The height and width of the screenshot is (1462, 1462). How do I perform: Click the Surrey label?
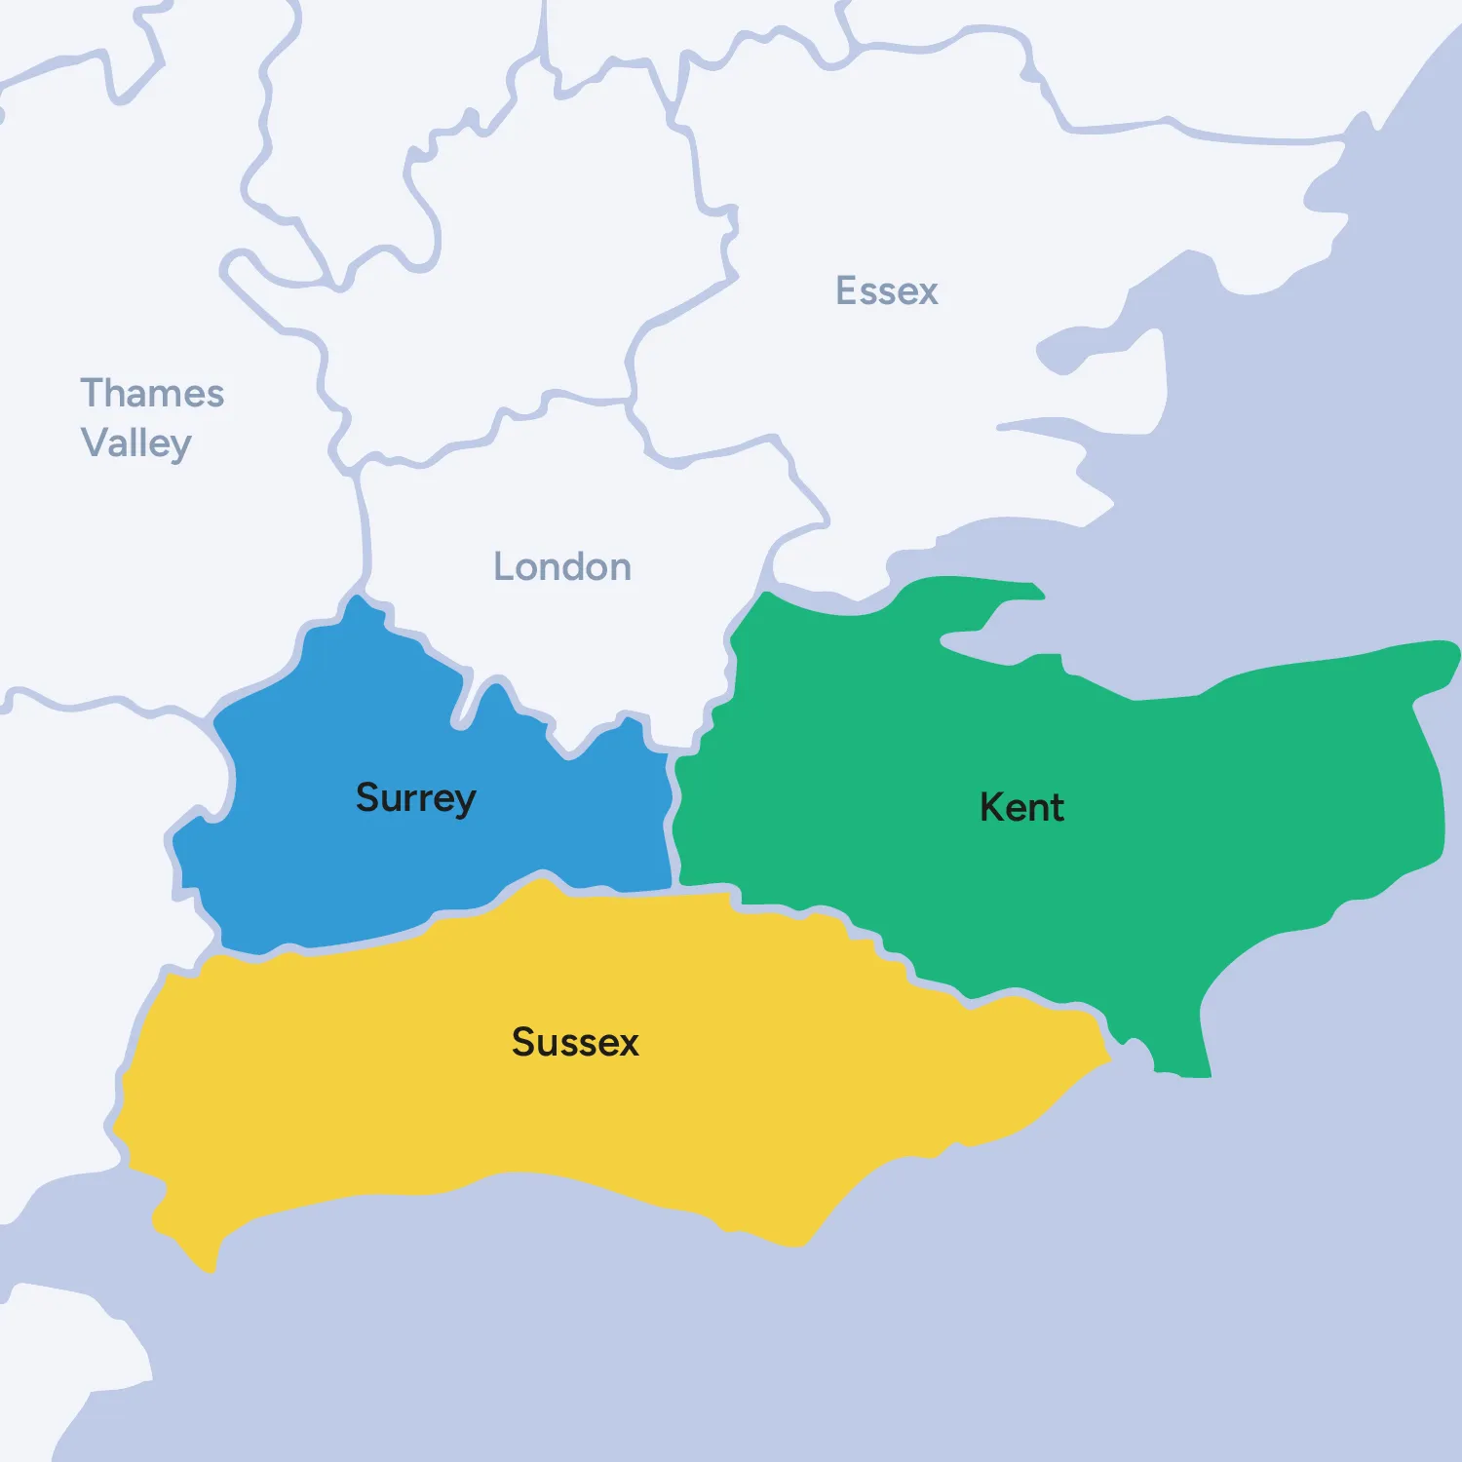pos(415,798)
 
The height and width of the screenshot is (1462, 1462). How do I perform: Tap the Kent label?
pos(1021,808)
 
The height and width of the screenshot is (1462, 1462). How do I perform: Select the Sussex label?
pos(575,1042)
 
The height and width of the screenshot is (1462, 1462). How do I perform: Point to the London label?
pos(562,567)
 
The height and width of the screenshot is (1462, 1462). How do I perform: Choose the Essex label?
pos(886,291)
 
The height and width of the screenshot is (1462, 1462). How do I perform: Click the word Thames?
pos(152,394)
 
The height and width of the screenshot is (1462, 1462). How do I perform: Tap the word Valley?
pos(135,443)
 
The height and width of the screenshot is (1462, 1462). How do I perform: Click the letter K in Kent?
pos(991,808)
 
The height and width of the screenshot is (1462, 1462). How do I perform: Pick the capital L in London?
pos(503,567)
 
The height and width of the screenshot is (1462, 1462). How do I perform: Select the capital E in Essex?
pos(846,291)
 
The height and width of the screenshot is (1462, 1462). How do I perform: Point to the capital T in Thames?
pos(94,394)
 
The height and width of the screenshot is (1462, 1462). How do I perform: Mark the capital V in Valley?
pos(94,442)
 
